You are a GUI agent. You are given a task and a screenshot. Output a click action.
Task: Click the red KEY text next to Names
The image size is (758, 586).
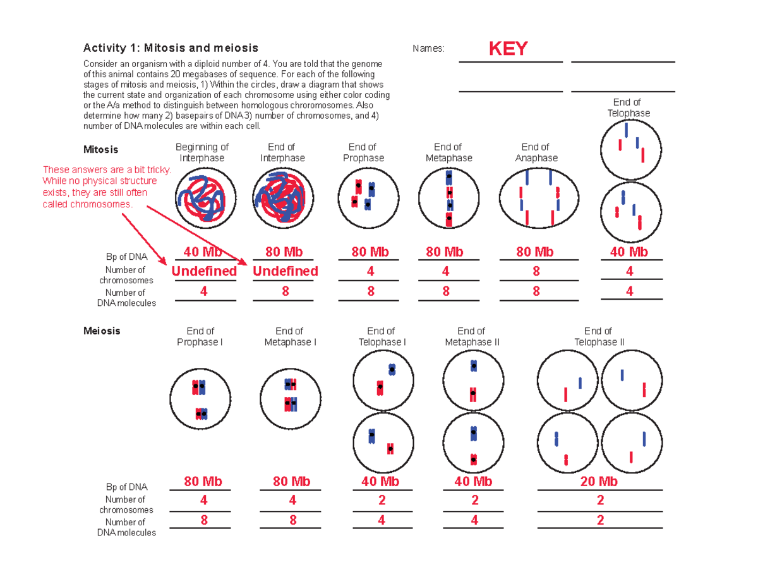coord(508,49)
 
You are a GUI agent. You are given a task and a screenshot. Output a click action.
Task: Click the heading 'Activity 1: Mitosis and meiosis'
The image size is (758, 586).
coord(171,48)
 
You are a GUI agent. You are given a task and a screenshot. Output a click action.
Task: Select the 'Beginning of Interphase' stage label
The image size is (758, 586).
coord(202,152)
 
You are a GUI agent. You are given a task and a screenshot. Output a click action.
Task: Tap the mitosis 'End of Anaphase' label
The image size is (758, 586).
coord(536,152)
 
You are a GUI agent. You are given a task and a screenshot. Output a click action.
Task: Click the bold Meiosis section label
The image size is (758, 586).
coord(102,331)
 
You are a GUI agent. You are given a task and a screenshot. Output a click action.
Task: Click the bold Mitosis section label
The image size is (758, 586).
coord(100,150)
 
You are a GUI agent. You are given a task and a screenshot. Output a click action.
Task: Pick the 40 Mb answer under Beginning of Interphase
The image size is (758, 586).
coord(203,252)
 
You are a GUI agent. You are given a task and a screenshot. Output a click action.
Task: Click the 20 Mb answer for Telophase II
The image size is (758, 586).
coord(599,482)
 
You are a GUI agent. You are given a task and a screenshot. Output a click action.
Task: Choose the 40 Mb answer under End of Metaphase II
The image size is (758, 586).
coord(473,482)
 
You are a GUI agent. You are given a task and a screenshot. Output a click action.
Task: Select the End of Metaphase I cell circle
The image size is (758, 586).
coord(291,398)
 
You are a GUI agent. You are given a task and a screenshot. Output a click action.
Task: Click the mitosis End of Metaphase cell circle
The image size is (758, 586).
coord(448,198)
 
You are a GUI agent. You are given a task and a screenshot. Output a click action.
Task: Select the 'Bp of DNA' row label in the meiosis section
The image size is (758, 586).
coord(126,487)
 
